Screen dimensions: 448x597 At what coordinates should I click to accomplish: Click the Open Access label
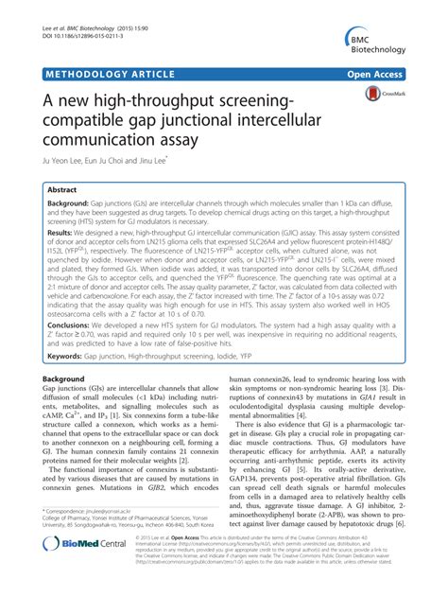[398, 71]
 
